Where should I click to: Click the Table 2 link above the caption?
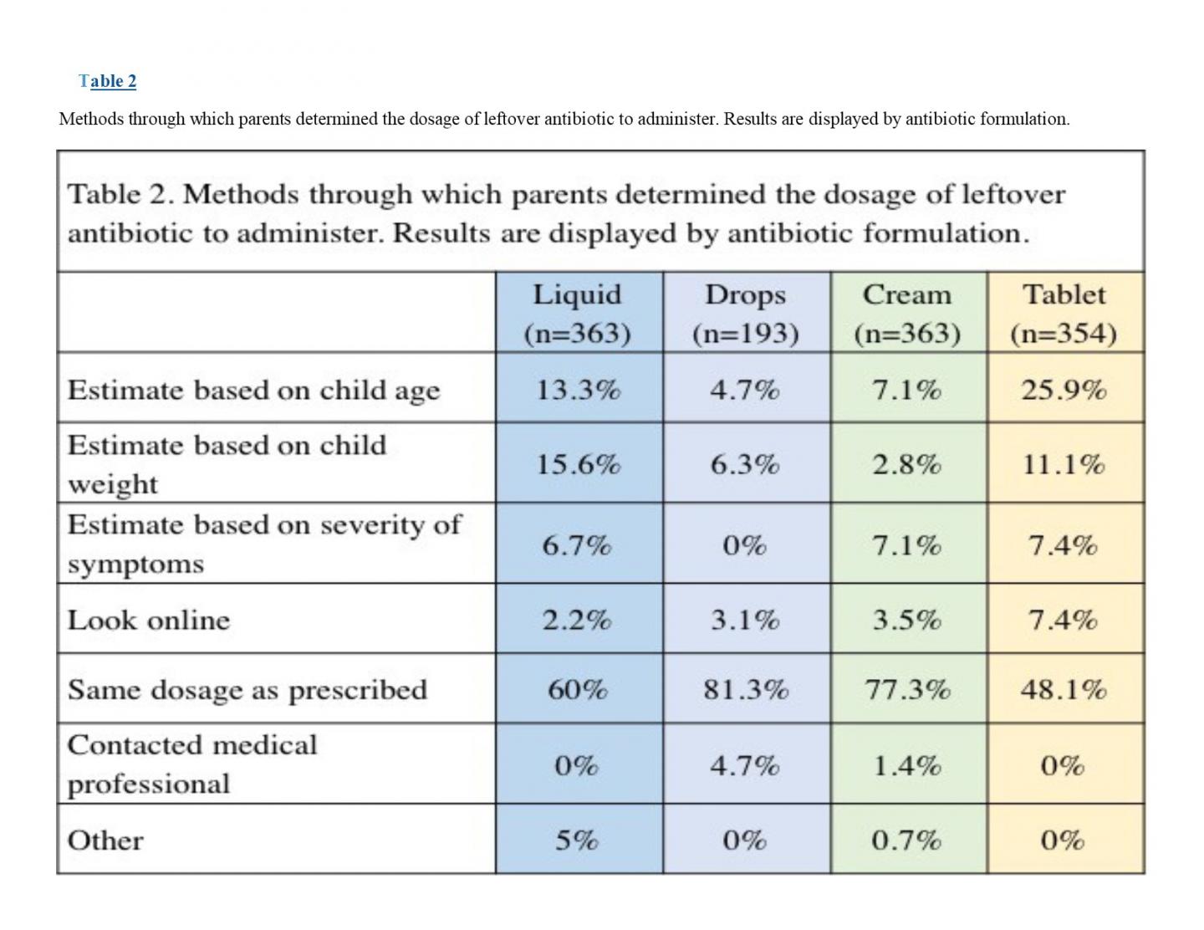pyautogui.click(x=108, y=81)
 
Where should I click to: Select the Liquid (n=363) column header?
pyautogui.click(x=578, y=314)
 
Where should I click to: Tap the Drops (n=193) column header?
pyautogui.click(x=745, y=314)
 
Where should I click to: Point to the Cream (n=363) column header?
pyautogui.click(x=907, y=314)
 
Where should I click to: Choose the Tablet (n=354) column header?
pyautogui.click(x=1064, y=314)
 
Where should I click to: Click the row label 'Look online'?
pyautogui.click(x=149, y=620)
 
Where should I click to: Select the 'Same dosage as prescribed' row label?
pyautogui.click(x=247, y=690)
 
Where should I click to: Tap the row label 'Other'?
pyautogui.click(x=105, y=841)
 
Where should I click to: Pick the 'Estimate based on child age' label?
pyautogui.click(x=253, y=391)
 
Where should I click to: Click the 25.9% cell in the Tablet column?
pyautogui.click(x=1064, y=390)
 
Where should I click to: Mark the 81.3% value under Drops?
pyautogui.click(x=745, y=690)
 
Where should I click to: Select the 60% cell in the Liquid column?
pyautogui.click(x=578, y=690)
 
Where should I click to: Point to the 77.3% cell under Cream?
pyautogui.click(x=907, y=690)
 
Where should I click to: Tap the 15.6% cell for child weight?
pyautogui.click(x=578, y=464)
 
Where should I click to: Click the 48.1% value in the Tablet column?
pyautogui.click(x=1064, y=690)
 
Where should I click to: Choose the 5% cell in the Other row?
pyautogui.click(x=578, y=840)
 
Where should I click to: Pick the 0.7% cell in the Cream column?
pyautogui.click(x=907, y=840)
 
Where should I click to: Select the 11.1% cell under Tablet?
pyautogui.click(x=1064, y=464)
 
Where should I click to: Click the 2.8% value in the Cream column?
pyautogui.click(x=907, y=464)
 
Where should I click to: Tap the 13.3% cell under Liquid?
pyautogui.click(x=578, y=390)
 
